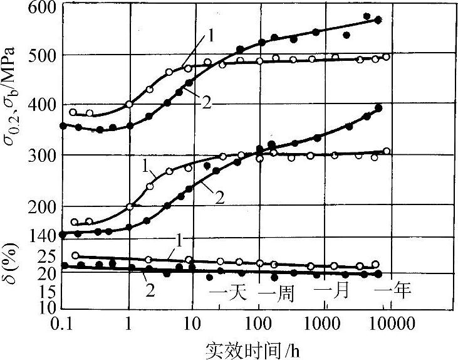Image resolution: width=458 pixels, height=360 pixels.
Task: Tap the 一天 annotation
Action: (227, 292)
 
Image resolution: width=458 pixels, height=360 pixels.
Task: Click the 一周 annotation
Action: (276, 292)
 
